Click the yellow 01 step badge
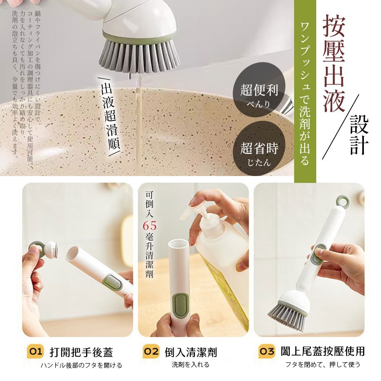pyautogui.click(x=35, y=351)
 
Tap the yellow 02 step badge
pyautogui.click(x=151, y=351)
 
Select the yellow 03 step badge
pyautogui.click(x=267, y=351)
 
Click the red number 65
pyautogui.click(x=149, y=226)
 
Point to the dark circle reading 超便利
pyautogui.click(x=259, y=90)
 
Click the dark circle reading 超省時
pyautogui.click(x=259, y=148)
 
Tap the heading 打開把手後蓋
pyautogui.click(x=82, y=352)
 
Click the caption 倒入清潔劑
pyautogui.click(x=191, y=352)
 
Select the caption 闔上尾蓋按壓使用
pyautogui.click(x=323, y=351)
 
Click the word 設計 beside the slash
pyautogui.click(x=359, y=134)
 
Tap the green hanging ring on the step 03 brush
pyautogui.click(x=343, y=202)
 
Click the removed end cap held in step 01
pyautogui.click(x=43, y=249)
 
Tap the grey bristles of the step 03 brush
pyautogui.click(x=287, y=317)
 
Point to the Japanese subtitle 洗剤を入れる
pyautogui.click(x=190, y=365)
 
